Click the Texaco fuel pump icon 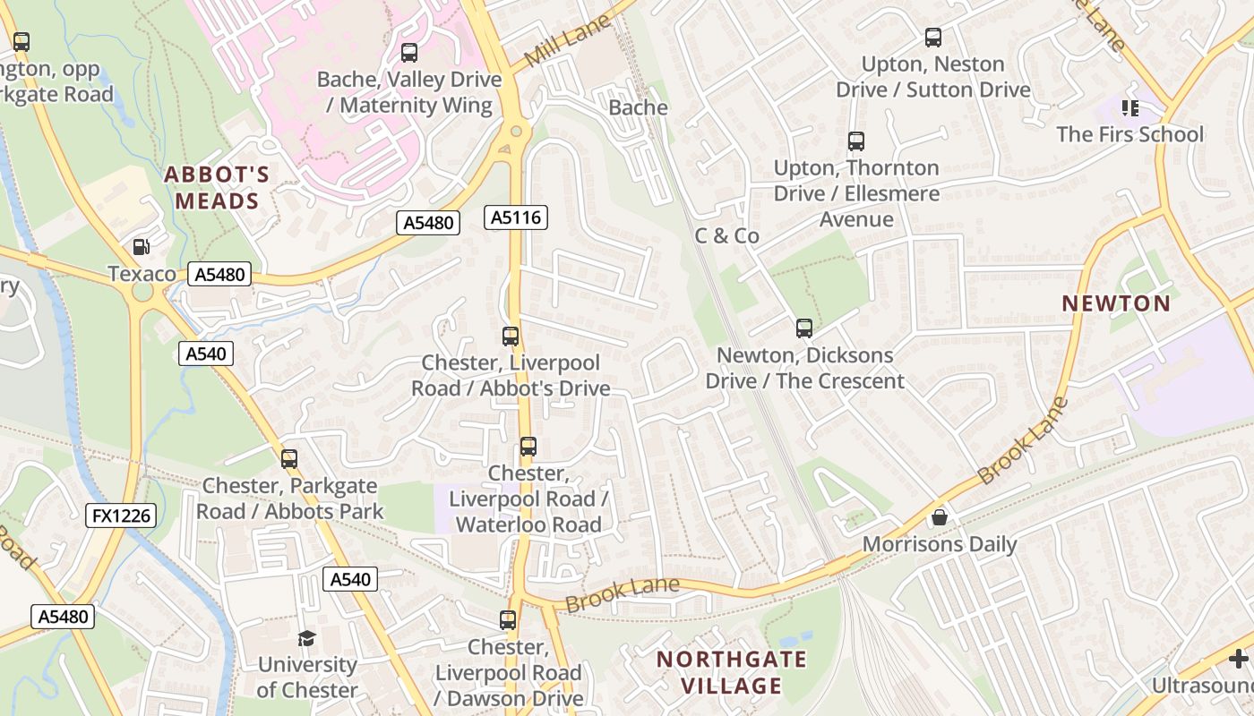coord(141,247)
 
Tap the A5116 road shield coord(515,217)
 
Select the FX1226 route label coord(121,516)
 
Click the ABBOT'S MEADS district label coord(217,188)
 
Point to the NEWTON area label coord(1116,303)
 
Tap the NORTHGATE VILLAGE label coord(731,673)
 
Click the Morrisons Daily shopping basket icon coord(939,517)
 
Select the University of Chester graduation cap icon coord(307,638)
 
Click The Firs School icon coord(1129,108)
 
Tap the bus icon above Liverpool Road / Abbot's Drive coord(511,337)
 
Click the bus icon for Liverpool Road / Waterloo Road coord(528,447)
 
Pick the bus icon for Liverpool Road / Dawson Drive coord(508,620)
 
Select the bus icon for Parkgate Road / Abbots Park coord(289,459)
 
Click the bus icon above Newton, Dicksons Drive coord(804,328)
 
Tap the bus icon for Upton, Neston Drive coord(933,38)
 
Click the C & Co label coord(726,236)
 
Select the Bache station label coord(638,107)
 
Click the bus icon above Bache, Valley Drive coord(409,53)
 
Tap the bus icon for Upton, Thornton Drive coord(856,141)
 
